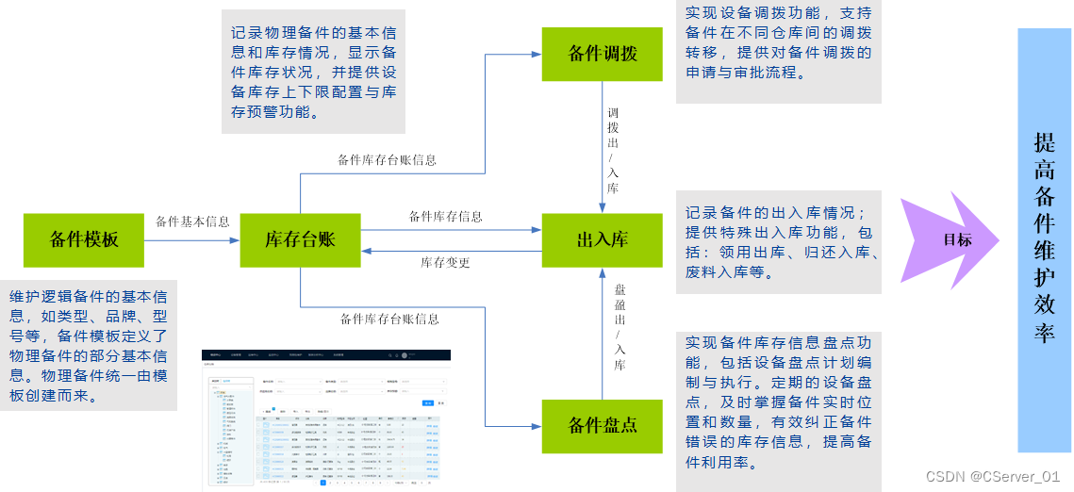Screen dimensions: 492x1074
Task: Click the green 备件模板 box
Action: (x=84, y=239)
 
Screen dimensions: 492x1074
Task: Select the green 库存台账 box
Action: (x=300, y=239)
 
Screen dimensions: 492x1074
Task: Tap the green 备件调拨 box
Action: (x=603, y=54)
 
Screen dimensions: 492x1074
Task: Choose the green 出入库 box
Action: (x=603, y=239)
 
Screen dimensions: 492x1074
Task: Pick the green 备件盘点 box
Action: (x=603, y=425)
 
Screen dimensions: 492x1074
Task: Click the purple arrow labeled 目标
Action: (x=950, y=239)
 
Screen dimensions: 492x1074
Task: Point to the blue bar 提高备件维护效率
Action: (x=1044, y=239)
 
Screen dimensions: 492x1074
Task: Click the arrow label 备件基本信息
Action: (x=192, y=221)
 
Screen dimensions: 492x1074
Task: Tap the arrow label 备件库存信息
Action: (x=445, y=217)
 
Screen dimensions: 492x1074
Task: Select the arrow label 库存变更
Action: (x=445, y=263)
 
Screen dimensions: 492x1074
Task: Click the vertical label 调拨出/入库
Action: (x=613, y=151)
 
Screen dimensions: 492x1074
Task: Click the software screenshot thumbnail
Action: (x=326, y=418)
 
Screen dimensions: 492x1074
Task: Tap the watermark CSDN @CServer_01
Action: (x=993, y=477)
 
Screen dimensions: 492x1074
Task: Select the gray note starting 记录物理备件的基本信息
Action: (x=313, y=72)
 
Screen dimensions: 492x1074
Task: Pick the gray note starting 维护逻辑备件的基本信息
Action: (x=89, y=344)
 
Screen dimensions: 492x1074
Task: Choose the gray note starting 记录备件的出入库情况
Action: (x=778, y=241)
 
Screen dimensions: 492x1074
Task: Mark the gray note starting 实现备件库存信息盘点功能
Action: (x=778, y=411)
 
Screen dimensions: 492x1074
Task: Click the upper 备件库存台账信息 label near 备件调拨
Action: (x=387, y=160)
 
